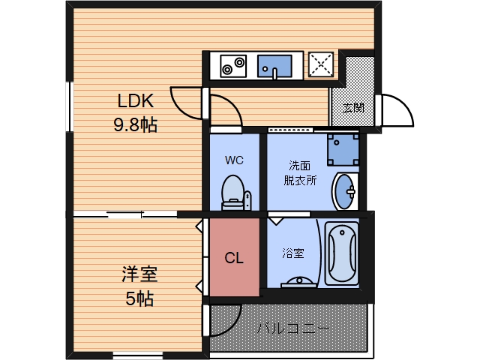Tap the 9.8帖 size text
tap(135, 125)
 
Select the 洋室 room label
tap(139, 274)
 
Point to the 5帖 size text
tap(139, 298)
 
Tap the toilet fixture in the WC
tap(234, 193)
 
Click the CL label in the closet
tap(234, 258)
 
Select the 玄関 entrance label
tap(353, 107)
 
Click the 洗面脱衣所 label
tap(300, 172)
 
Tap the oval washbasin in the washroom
tap(345, 192)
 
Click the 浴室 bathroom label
tap(293, 253)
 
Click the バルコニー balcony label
tap(293, 328)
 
